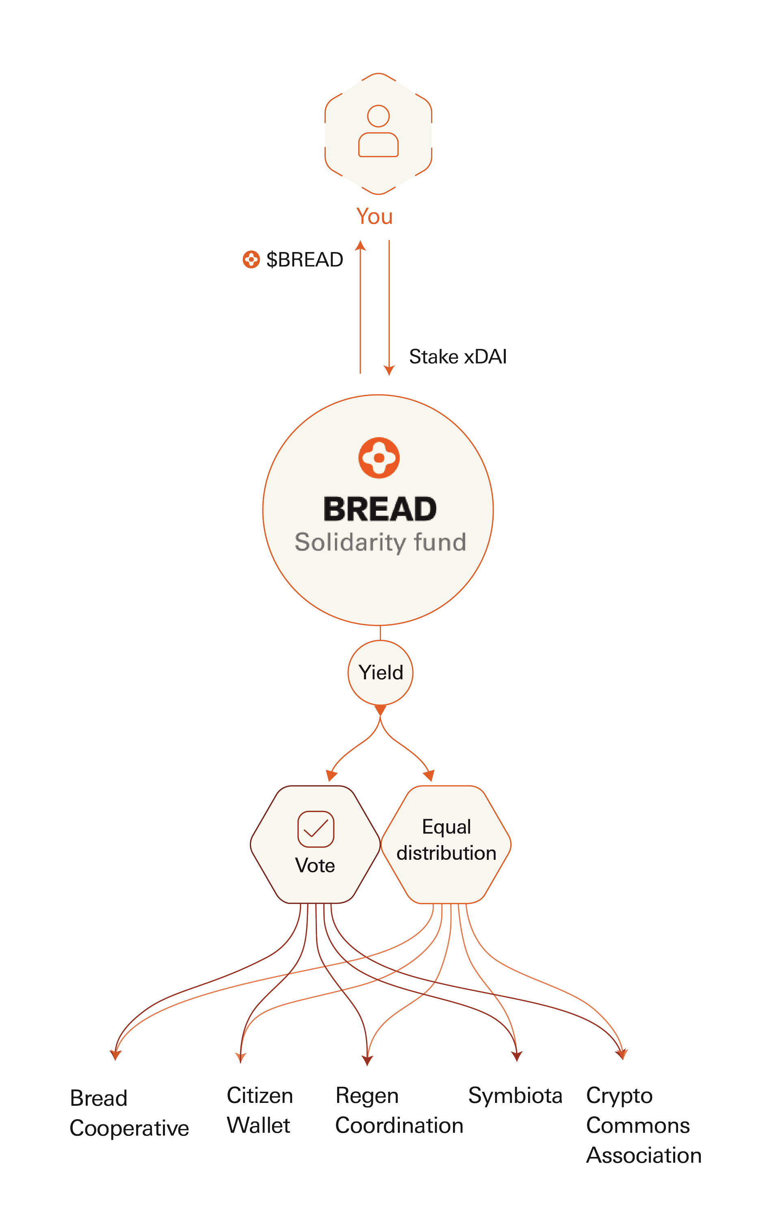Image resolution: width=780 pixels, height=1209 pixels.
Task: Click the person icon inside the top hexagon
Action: pyautogui.click(x=378, y=131)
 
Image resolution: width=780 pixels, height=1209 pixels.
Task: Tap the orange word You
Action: pyautogui.click(x=374, y=216)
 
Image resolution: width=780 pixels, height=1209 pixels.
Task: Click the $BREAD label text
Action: pyautogui.click(x=304, y=259)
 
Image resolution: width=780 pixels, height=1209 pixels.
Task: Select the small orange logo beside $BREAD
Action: pyautogui.click(x=251, y=259)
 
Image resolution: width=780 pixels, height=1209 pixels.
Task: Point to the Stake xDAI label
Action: pyautogui.click(x=457, y=357)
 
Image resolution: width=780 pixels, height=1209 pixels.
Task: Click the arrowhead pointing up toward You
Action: pyautogui.click(x=360, y=246)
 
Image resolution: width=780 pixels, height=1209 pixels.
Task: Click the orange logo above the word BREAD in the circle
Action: pyautogui.click(x=379, y=458)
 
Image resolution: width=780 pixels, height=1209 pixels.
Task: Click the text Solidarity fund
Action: pyautogui.click(x=380, y=542)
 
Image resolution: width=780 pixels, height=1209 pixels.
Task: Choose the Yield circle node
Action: pyautogui.click(x=380, y=672)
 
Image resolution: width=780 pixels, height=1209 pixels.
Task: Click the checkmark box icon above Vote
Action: pyautogui.click(x=316, y=829)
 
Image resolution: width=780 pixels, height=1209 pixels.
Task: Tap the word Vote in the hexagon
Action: pyautogui.click(x=315, y=865)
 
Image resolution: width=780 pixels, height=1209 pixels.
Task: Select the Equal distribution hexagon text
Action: pyautogui.click(x=446, y=839)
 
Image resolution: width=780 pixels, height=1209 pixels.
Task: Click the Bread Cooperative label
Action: pyautogui.click(x=129, y=1113)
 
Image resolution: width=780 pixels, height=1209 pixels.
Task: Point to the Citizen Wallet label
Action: pyautogui.click(x=259, y=1110)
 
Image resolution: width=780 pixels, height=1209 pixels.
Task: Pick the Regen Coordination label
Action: pyautogui.click(x=399, y=1110)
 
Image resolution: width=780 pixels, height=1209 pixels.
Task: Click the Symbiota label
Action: pyautogui.click(x=515, y=1096)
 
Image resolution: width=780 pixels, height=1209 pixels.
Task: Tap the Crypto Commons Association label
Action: pyautogui.click(x=643, y=1125)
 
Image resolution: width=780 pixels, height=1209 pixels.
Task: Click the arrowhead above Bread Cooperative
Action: pyautogui.click(x=115, y=1055)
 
